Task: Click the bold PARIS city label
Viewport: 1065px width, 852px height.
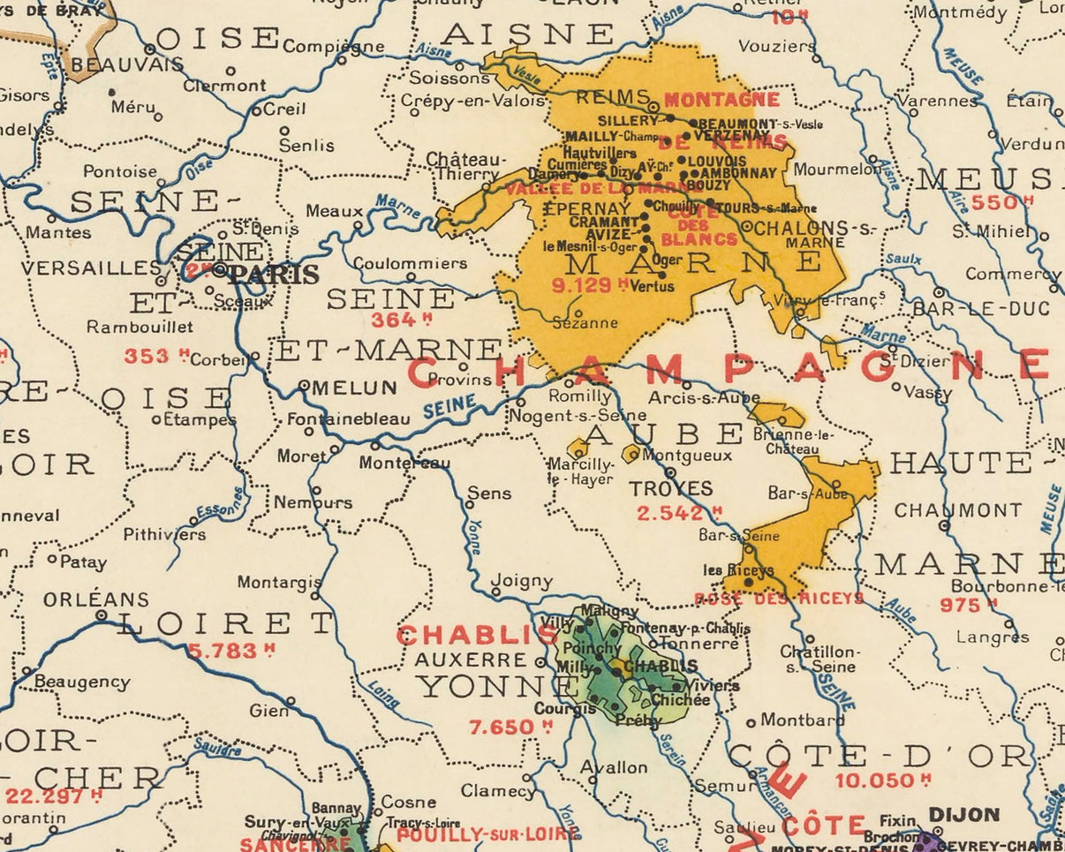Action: [x=274, y=275]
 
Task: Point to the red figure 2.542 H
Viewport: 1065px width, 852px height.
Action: [x=679, y=513]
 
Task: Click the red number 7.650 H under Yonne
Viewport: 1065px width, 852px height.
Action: [x=509, y=728]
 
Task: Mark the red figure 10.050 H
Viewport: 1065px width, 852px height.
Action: [x=883, y=780]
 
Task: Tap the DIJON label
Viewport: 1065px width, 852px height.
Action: [x=963, y=815]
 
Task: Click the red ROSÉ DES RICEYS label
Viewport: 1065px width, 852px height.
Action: [x=780, y=599]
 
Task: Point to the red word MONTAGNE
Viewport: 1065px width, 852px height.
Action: [x=721, y=100]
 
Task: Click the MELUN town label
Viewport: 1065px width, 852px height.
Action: [x=353, y=387]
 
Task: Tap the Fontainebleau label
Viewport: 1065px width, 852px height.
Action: [x=349, y=419]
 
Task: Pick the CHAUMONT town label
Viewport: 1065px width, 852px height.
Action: [x=957, y=510]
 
